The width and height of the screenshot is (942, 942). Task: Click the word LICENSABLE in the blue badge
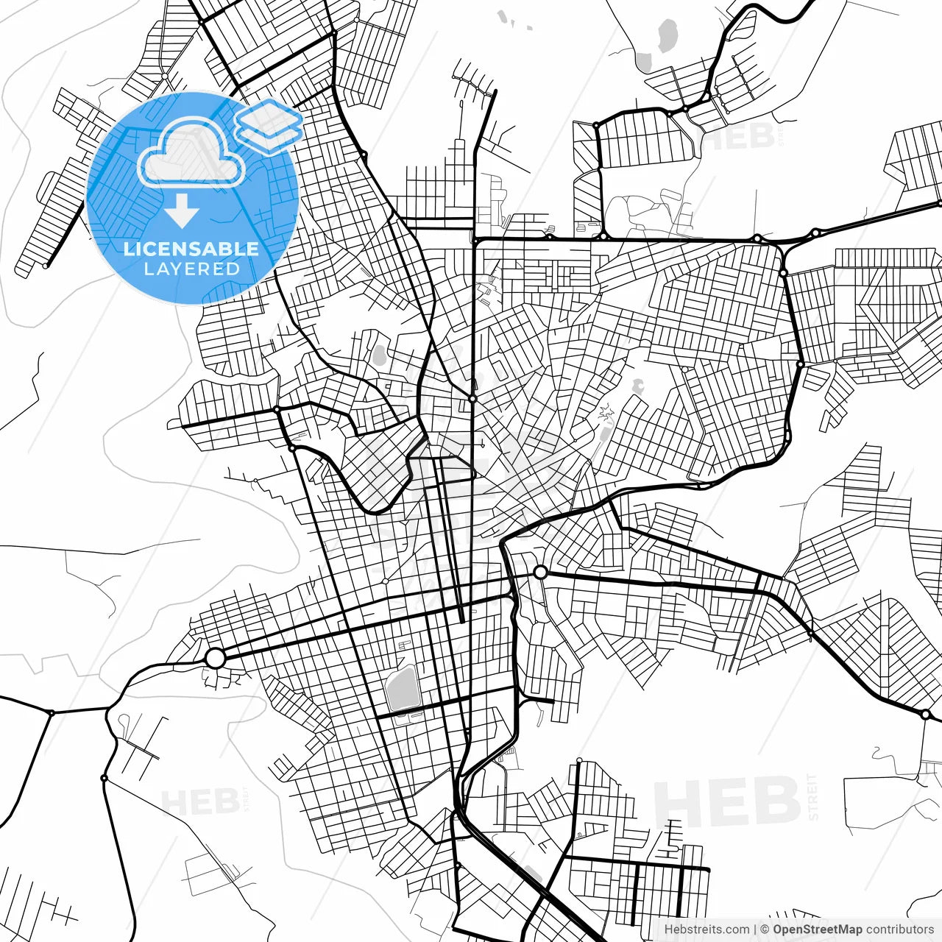coord(191,249)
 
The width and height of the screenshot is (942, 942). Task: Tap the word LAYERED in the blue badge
coord(191,269)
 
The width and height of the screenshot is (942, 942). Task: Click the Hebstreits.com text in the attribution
coord(706,929)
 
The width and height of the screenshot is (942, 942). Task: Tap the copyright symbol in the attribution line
coord(765,929)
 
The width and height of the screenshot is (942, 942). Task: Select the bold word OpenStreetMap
coord(817,929)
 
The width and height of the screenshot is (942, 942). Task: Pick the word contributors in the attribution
coord(899,929)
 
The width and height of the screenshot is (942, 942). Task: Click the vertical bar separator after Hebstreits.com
coord(756,929)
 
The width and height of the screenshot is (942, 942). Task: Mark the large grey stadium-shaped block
coord(402,689)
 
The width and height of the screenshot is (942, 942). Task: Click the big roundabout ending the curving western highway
coord(214,658)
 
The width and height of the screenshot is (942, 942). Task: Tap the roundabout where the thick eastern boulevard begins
coord(540,572)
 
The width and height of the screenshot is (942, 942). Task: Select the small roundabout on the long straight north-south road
coord(472,398)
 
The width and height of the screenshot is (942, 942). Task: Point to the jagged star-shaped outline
coord(606,414)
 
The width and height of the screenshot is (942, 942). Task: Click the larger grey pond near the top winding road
coord(667,35)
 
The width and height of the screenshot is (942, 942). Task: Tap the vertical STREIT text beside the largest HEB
coord(813,797)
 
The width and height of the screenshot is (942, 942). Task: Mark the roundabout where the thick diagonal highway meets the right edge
coord(925,714)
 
